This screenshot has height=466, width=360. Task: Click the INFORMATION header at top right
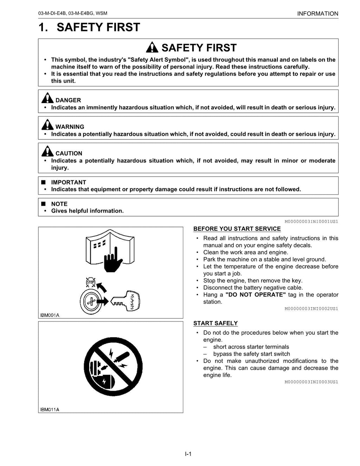(x=317, y=14)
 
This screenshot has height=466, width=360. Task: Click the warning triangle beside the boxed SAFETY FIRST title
(x=152, y=47)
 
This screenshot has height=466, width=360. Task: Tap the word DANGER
(x=68, y=100)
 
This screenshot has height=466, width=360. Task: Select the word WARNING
(x=70, y=127)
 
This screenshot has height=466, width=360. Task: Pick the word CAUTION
(x=69, y=153)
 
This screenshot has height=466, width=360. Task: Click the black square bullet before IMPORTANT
(x=44, y=182)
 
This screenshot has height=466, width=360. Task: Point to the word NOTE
(x=59, y=204)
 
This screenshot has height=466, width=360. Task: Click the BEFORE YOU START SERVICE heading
(x=237, y=229)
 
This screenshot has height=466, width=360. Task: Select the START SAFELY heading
(x=216, y=323)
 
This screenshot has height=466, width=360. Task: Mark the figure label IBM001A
(x=50, y=315)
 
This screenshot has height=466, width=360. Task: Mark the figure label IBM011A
(x=50, y=409)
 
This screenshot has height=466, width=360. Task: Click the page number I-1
(x=188, y=454)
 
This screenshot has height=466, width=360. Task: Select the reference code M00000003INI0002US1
(x=311, y=309)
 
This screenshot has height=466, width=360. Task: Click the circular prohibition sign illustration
(x=113, y=366)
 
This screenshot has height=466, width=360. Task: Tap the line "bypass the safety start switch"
(x=251, y=354)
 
